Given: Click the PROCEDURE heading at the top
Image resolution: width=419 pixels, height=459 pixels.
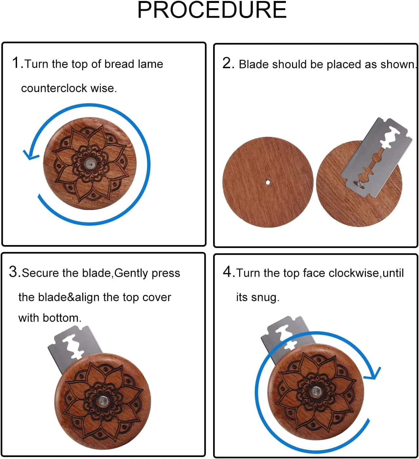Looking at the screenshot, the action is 212,10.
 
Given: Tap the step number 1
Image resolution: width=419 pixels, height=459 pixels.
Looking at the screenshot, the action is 16,63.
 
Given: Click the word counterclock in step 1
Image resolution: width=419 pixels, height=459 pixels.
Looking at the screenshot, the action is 54,88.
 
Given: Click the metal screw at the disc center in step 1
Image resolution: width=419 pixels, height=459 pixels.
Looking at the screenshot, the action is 90,164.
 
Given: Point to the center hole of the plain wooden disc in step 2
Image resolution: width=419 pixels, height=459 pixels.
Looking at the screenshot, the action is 268,182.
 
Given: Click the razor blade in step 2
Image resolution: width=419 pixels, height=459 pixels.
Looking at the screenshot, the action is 376,158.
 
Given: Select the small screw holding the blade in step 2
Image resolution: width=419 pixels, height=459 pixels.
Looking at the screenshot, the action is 360,184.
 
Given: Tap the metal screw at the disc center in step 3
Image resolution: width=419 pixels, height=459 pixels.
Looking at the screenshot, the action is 102,401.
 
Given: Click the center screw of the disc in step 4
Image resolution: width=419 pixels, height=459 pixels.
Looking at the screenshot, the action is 316,392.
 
